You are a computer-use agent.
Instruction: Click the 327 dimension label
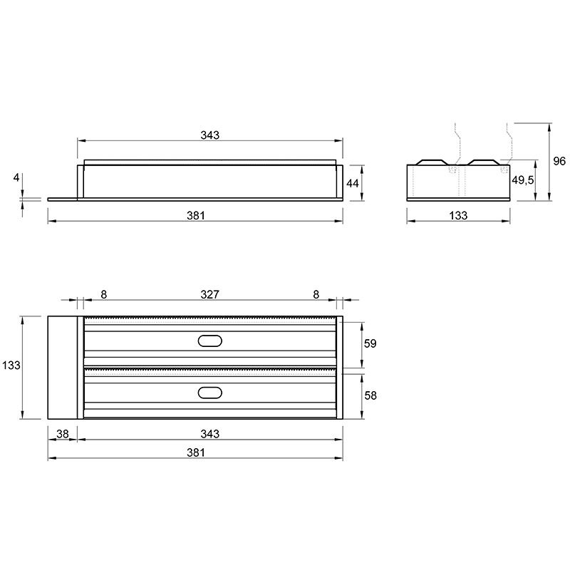209,294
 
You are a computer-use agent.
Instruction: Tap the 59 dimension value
370,343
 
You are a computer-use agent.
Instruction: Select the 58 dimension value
370,395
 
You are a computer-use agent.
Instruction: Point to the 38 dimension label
63,434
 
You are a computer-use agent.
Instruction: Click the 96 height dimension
559,161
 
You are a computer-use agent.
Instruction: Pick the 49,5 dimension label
523,180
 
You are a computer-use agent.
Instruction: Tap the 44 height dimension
352,183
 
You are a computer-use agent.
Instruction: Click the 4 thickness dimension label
16,177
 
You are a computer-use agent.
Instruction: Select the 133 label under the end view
458,216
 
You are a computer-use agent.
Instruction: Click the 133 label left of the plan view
11,365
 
